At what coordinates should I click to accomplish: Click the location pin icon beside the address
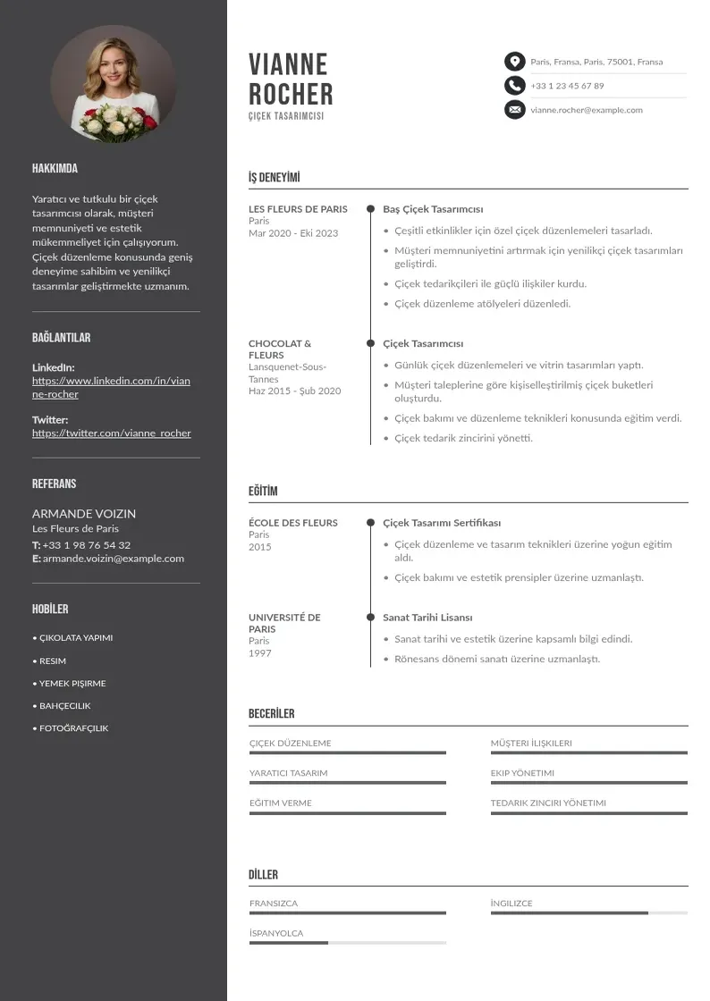click(514, 62)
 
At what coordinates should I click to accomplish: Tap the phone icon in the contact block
click(514, 86)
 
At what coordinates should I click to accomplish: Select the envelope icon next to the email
click(514, 110)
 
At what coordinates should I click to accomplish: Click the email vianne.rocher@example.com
click(586, 110)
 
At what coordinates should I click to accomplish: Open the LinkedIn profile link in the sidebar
click(111, 387)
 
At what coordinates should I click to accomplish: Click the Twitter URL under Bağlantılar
click(111, 433)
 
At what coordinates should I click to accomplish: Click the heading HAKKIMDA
click(55, 168)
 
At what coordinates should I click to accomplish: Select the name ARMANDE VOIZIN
click(84, 514)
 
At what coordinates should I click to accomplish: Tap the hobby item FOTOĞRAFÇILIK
click(73, 728)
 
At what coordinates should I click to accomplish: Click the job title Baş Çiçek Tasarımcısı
click(433, 209)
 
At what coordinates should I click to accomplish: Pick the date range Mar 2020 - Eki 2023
click(293, 233)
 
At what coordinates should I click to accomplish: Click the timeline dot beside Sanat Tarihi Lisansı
click(370, 617)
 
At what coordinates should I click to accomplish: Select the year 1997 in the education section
click(259, 653)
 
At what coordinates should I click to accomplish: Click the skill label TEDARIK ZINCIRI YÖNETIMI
click(548, 803)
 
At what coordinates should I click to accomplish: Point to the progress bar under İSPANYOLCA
click(347, 943)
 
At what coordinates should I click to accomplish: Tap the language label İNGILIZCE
click(511, 904)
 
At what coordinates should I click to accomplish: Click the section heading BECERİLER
click(271, 713)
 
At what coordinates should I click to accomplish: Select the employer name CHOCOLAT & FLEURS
click(280, 349)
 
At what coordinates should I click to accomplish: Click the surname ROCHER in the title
click(291, 94)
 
